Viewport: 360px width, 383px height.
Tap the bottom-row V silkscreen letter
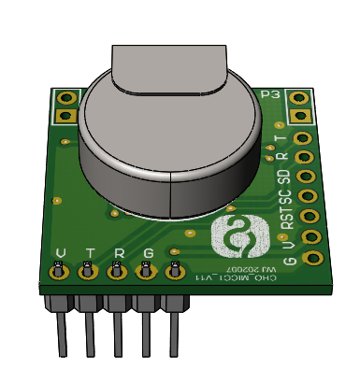point(62,253)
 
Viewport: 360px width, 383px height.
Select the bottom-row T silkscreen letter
point(90,253)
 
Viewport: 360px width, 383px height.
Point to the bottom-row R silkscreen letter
point(119,253)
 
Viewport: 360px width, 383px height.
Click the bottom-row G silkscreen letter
point(148,253)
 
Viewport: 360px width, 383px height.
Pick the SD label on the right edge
point(284,175)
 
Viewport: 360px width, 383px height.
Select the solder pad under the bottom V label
point(58,272)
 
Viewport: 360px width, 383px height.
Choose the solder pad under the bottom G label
point(146,272)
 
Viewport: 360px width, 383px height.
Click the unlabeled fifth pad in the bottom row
point(174,272)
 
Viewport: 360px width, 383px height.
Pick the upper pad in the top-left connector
point(66,97)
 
